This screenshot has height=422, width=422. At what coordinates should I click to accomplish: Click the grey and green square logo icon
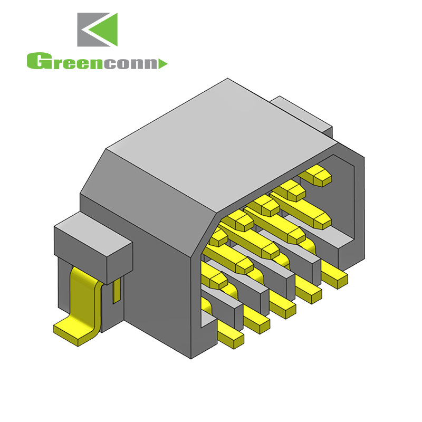tap(98, 30)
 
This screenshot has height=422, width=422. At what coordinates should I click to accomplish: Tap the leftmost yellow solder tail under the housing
tap(231, 335)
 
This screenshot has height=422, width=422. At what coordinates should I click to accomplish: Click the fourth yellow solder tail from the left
tap(310, 290)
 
